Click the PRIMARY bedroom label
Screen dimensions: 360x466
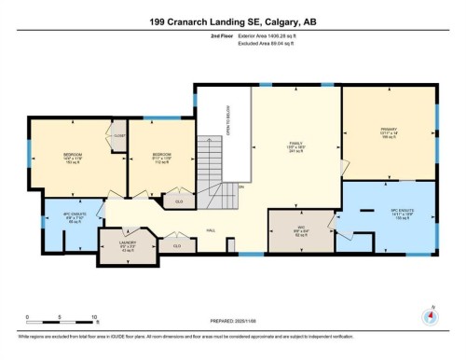click(389, 133)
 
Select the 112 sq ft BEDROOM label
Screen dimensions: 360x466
click(159, 157)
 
